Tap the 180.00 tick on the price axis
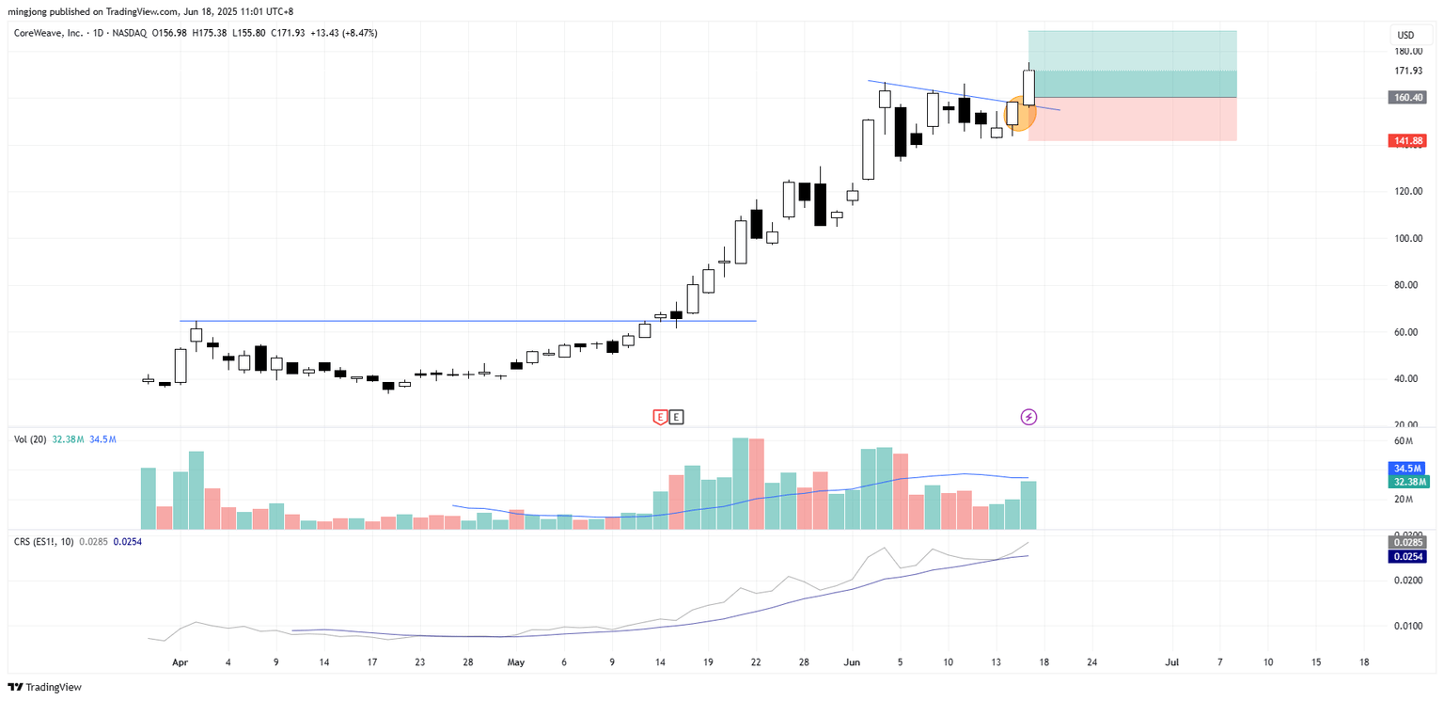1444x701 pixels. (1407, 52)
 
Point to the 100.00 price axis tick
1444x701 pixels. (1407, 238)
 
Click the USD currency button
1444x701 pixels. (1405, 35)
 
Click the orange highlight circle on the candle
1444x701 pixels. (1019, 114)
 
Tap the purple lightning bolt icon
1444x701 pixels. (1028, 416)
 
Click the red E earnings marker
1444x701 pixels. (660, 416)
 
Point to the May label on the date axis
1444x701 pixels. (515, 662)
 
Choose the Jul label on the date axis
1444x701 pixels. (1171, 662)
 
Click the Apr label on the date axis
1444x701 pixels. (180, 662)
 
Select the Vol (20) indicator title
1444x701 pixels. (29, 438)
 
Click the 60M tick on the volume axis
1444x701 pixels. (1404, 441)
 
